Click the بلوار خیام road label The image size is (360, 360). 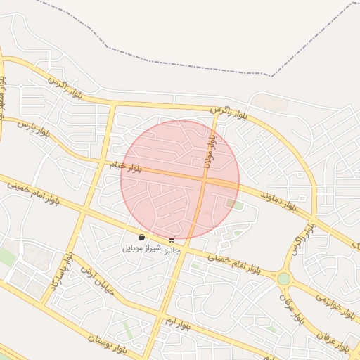[126, 167]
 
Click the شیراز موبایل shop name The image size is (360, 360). [142, 247]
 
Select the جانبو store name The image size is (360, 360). [172, 249]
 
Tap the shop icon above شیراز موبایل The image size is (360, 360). [142, 237]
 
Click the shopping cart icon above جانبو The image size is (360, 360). [172, 238]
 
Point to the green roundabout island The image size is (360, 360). [283, 279]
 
